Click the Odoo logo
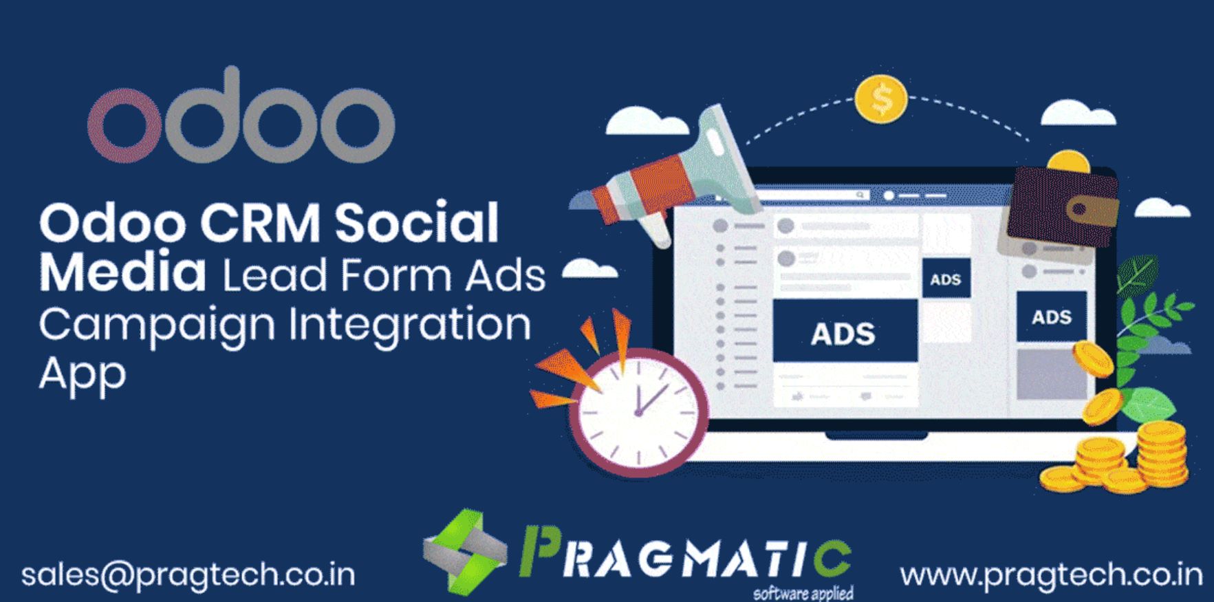click(x=241, y=117)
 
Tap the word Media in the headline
click(x=122, y=272)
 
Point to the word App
click(x=83, y=375)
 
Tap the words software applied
click(x=803, y=592)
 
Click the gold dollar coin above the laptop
click(x=881, y=100)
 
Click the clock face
click(x=639, y=413)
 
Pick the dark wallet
click(x=1061, y=206)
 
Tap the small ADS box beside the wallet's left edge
click(x=946, y=279)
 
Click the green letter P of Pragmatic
click(x=539, y=550)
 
